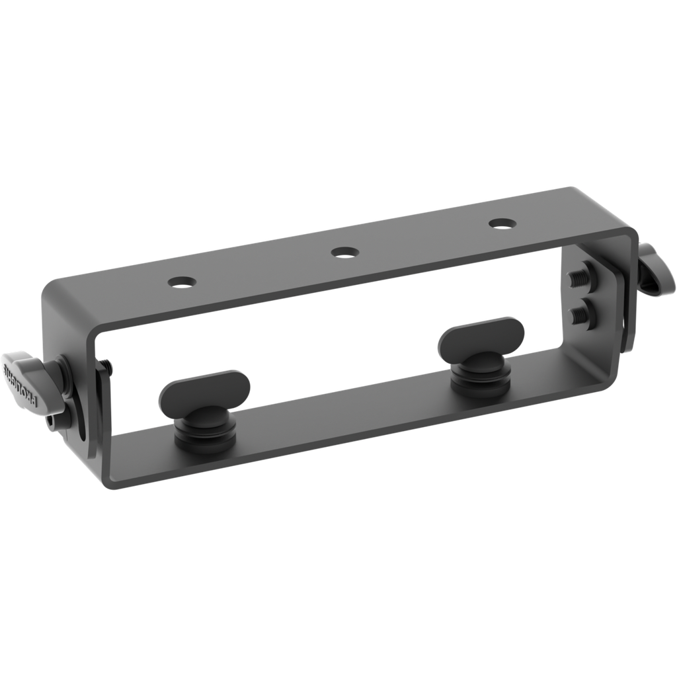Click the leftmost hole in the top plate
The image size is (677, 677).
[x=182, y=281]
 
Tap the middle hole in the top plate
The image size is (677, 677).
[x=344, y=252]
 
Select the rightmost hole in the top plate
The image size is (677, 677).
[x=502, y=223]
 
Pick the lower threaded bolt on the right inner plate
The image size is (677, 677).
[x=582, y=313]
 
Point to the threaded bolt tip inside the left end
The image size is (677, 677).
[x=106, y=366]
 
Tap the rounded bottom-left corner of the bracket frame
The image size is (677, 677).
[x=109, y=479]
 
